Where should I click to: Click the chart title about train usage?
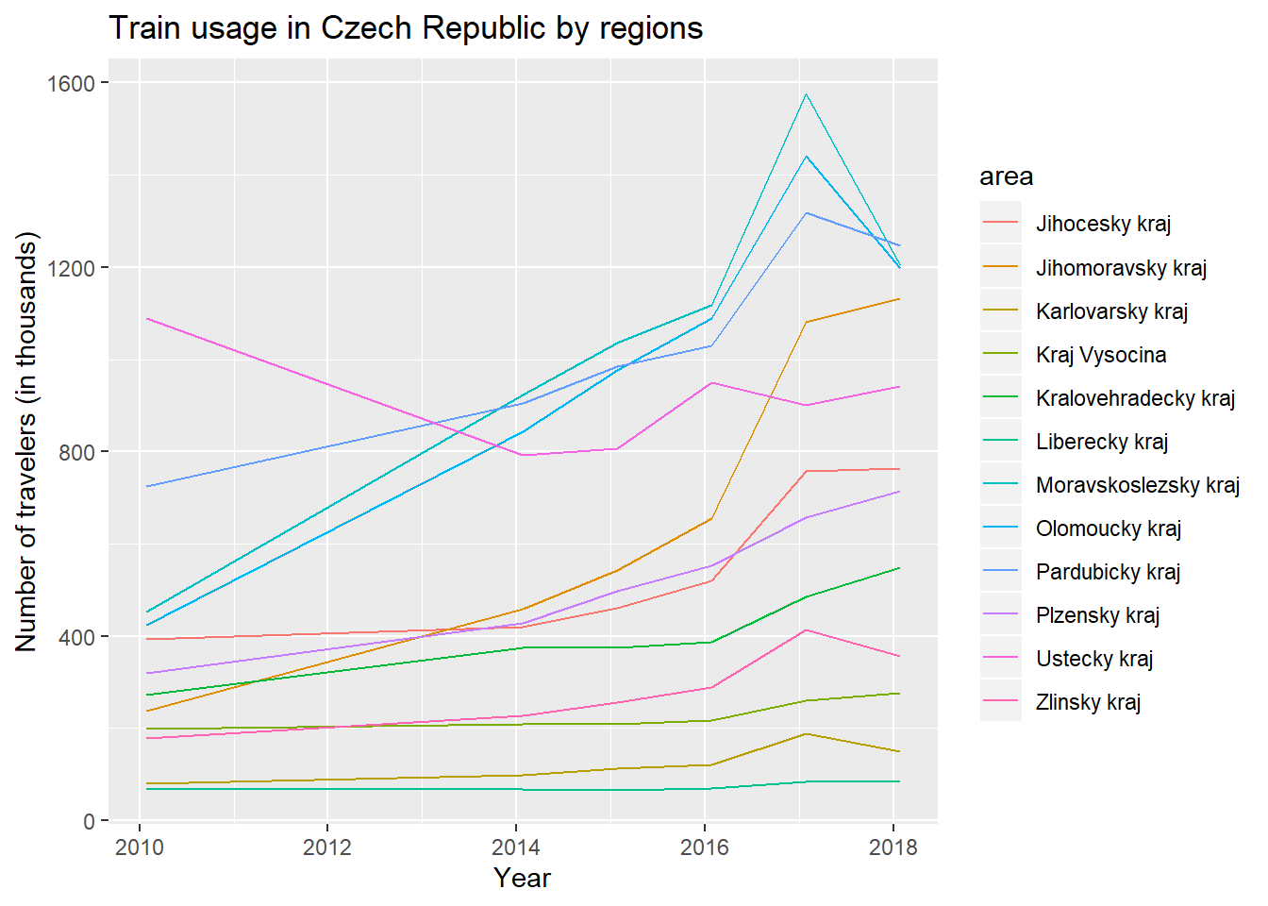406,27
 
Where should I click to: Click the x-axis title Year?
522,879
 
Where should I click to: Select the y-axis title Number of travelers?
25,442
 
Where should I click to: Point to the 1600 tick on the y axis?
71,83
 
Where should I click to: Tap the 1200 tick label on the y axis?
71,268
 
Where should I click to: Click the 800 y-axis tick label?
76,452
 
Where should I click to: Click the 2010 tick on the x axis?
140,847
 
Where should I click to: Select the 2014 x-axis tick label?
516,847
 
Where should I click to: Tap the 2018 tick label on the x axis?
893,847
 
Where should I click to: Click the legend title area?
1007,176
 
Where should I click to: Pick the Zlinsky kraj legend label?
1088,702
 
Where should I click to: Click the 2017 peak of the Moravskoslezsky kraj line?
806,94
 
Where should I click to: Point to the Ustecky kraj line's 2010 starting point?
147,319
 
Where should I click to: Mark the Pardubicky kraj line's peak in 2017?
806,213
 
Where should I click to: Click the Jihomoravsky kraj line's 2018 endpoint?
899,299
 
